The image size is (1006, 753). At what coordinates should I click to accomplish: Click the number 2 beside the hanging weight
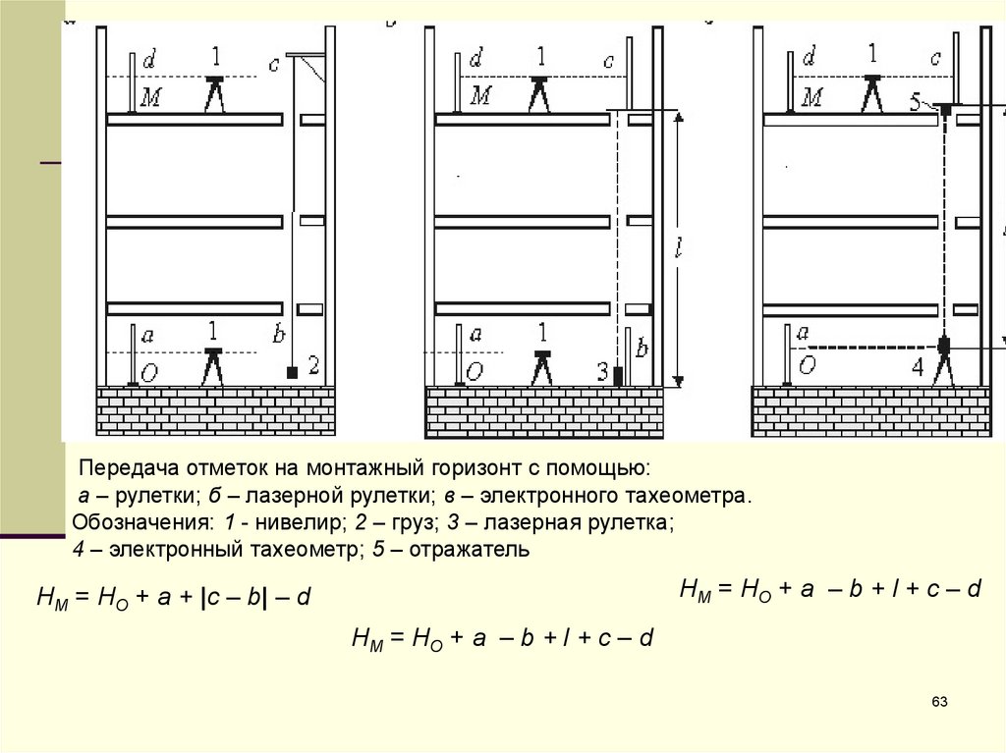pyautogui.click(x=313, y=366)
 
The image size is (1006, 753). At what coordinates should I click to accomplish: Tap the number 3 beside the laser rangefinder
pyautogui.click(x=603, y=370)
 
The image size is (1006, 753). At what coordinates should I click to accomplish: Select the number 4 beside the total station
pyautogui.click(x=918, y=367)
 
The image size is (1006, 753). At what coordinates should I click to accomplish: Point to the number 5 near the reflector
pyautogui.click(x=916, y=101)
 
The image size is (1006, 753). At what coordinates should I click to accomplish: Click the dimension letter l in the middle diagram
pyautogui.click(x=678, y=249)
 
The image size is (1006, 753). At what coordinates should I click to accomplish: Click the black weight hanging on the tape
pyautogui.click(x=291, y=373)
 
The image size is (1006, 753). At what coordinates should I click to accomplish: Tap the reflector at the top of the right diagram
pyautogui.click(x=945, y=108)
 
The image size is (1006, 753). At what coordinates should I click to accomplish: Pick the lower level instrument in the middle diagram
pyautogui.click(x=538, y=365)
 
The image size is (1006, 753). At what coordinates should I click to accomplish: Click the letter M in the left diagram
pyautogui.click(x=151, y=97)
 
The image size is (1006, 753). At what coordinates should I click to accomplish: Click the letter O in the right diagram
pyautogui.click(x=807, y=366)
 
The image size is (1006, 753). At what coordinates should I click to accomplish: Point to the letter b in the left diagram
pyautogui.click(x=279, y=335)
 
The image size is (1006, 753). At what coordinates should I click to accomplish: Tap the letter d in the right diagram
pyautogui.click(x=808, y=59)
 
